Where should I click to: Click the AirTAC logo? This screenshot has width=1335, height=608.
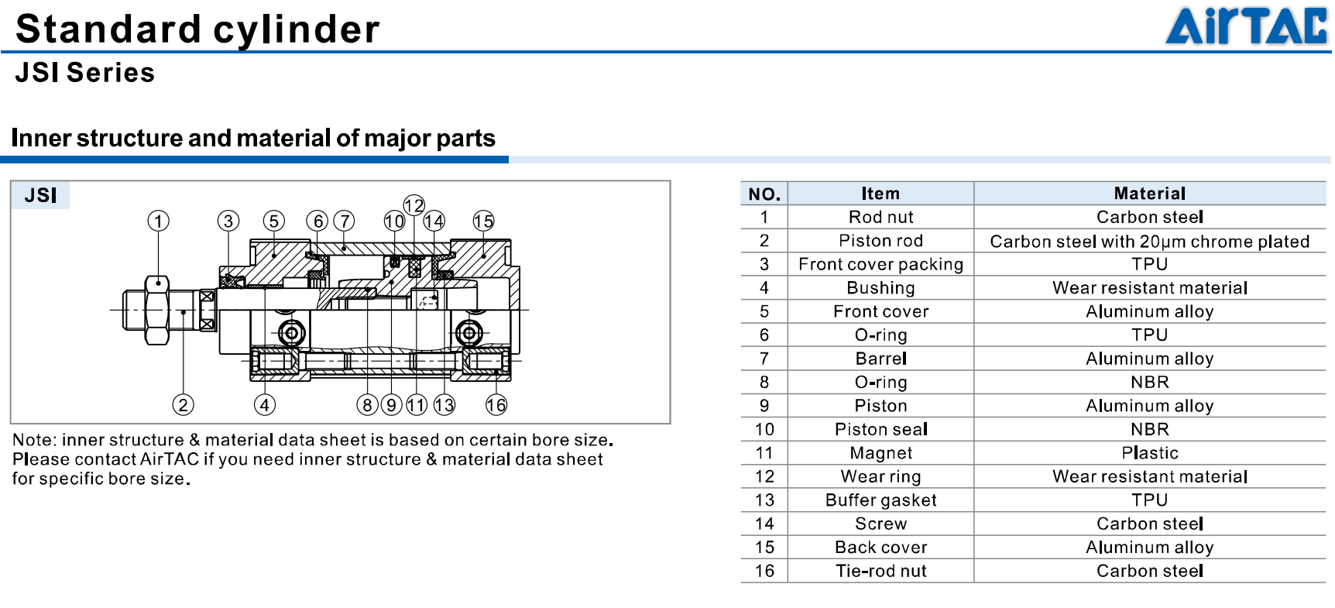(x=1246, y=26)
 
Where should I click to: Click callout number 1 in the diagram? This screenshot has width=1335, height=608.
(x=159, y=221)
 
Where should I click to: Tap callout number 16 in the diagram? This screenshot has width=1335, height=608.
(x=496, y=404)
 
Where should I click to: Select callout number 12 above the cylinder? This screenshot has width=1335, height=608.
(x=414, y=205)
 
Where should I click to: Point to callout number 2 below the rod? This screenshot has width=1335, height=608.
(x=183, y=404)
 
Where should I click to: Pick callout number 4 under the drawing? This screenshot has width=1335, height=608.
(x=265, y=404)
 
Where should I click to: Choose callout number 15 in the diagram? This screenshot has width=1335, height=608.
(x=483, y=221)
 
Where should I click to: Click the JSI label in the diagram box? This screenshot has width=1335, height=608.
(x=40, y=195)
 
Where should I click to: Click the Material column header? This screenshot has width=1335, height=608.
(x=1150, y=194)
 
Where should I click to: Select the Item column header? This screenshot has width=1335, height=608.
(x=880, y=194)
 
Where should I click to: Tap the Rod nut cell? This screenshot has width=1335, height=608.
(x=880, y=217)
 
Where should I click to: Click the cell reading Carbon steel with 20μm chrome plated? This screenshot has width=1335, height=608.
(x=1150, y=241)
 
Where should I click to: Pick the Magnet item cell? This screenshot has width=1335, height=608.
(x=880, y=453)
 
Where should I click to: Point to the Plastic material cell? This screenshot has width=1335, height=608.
(x=1150, y=453)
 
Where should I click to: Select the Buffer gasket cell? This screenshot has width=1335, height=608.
(x=880, y=500)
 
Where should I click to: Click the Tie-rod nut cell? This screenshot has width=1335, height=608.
(x=880, y=571)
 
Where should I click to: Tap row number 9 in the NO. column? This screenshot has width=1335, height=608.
(x=764, y=406)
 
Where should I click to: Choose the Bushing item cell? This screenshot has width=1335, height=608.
(x=880, y=288)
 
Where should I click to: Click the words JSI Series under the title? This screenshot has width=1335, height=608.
(x=85, y=73)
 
